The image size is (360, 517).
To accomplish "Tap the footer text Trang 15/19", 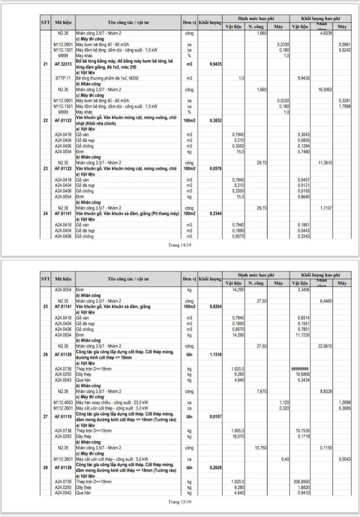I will tap(180, 501).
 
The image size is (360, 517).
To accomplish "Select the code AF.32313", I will tap(63, 64).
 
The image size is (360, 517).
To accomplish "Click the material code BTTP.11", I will tap(63, 78).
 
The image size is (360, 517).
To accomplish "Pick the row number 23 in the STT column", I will tap(45, 168).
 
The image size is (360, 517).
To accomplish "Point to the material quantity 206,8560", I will tap(301, 482).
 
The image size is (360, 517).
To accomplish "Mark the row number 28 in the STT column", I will tap(45, 467).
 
